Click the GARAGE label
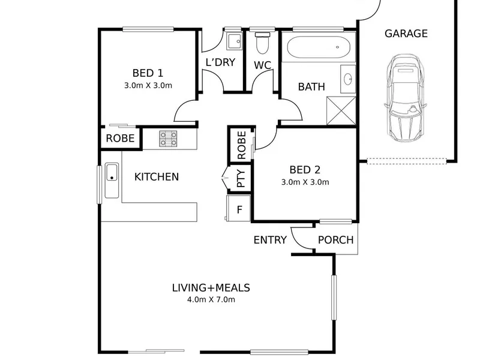(x=406, y=34)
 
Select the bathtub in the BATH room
(x=319, y=47)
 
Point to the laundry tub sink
(x=235, y=41)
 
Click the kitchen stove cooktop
(x=168, y=139)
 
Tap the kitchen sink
(x=112, y=181)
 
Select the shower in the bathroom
(x=341, y=111)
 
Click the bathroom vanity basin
(x=348, y=79)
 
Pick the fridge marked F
(x=239, y=208)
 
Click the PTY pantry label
(x=241, y=178)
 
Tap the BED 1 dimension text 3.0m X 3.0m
(x=148, y=85)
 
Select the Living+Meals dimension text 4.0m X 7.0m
(x=211, y=299)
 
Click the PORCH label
(x=336, y=239)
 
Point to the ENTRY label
(x=271, y=239)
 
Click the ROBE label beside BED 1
(x=121, y=139)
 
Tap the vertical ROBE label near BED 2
(x=241, y=145)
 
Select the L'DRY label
(x=220, y=62)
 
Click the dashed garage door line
(x=407, y=161)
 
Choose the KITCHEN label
(x=157, y=177)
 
